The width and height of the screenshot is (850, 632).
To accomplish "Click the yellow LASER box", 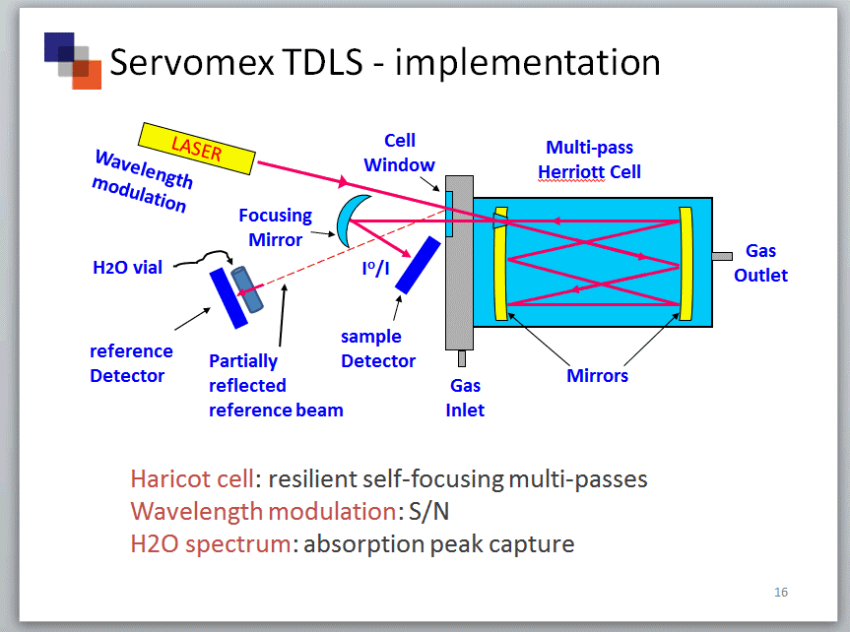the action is tap(196, 149).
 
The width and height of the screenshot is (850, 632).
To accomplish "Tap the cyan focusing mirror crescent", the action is tap(347, 221).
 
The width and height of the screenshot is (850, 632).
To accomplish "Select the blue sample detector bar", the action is tap(418, 265).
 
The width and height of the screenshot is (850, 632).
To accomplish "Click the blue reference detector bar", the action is tap(229, 298).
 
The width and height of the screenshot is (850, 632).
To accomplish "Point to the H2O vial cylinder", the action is tap(246, 289).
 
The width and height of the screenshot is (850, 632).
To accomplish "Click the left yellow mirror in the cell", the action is tap(500, 264).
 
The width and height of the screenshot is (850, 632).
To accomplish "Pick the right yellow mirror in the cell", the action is tap(686, 264).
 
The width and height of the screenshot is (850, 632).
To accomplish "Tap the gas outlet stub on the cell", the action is tap(722, 256).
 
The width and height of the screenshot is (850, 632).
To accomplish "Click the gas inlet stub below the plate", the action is tap(462, 358).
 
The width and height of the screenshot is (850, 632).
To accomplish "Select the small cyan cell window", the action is tap(449, 214).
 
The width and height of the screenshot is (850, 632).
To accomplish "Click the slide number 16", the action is tap(781, 592).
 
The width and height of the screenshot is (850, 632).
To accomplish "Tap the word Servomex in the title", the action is tap(192, 62).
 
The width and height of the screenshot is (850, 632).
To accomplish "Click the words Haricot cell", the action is tap(192, 478).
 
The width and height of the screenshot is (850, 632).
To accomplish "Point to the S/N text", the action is tap(428, 511).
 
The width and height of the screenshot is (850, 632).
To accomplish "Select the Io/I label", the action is tap(375, 267).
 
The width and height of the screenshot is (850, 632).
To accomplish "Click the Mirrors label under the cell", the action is tap(598, 376).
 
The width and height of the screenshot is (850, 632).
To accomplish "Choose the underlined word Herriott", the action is tap(571, 172).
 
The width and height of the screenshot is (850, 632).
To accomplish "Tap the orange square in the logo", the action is tap(87, 75).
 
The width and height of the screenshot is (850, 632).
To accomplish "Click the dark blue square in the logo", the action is tap(59, 47).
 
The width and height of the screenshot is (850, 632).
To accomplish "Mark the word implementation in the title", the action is tap(528, 63).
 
